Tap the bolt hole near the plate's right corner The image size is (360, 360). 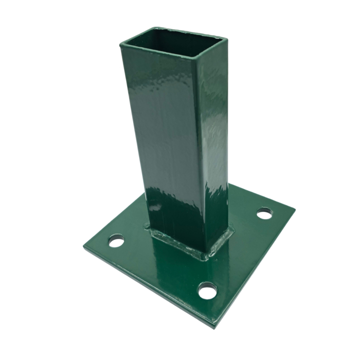264,212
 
